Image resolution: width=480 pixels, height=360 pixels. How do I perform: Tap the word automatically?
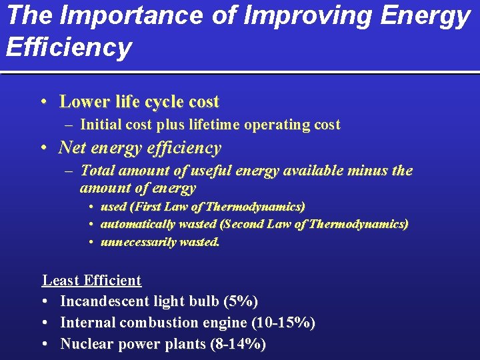(x=139, y=224)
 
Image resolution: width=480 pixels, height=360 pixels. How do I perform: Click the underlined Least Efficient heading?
(x=92, y=281)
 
